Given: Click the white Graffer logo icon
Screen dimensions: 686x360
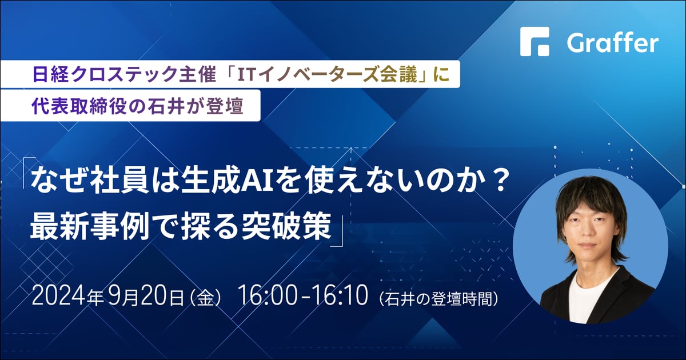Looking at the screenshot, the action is point(535,42).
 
